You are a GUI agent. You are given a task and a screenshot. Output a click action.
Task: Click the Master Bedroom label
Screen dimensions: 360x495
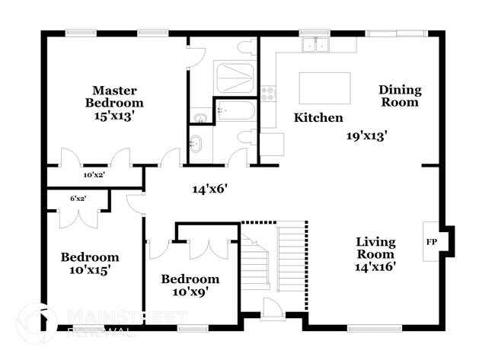pos(114,96)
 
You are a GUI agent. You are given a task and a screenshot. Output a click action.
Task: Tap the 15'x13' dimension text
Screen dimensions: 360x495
pos(114,116)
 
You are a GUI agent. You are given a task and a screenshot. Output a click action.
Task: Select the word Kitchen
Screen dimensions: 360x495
pos(318,118)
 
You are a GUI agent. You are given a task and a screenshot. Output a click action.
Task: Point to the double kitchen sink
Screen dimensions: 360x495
pos(315,45)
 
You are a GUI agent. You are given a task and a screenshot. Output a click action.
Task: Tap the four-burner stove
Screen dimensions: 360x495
pos(268,94)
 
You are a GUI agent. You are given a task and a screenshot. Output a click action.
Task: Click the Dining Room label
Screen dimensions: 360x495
pos(400,96)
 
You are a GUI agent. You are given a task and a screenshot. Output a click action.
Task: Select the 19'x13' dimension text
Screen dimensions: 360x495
pos(367,136)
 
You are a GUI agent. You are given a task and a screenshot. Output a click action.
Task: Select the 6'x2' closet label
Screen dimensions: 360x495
pos(78,199)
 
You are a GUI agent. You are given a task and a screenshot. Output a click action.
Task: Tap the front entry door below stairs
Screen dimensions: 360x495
pos(272,309)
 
